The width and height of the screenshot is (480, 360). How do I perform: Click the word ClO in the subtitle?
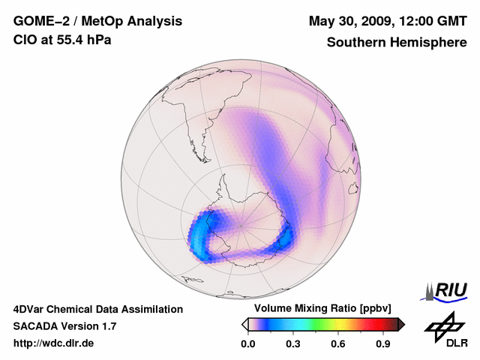coord(24,39)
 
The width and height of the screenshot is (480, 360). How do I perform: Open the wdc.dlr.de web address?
coord(54,343)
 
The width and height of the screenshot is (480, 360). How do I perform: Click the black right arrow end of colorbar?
coord(401,324)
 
